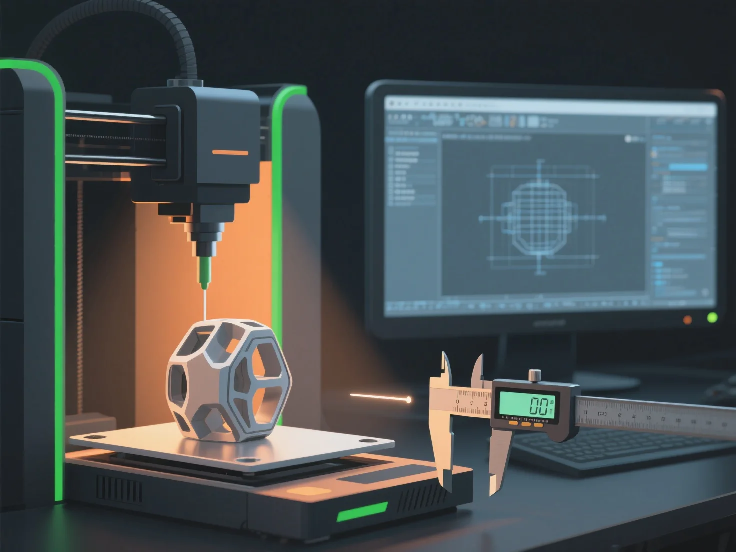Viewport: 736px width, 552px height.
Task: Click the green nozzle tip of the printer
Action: click(204, 272)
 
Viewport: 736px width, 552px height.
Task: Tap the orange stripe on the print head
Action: click(230, 152)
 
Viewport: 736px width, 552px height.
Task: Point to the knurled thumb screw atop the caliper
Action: click(535, 375)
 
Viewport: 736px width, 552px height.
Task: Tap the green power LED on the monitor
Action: click(712, 317)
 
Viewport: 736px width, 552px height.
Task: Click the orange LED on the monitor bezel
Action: click(688, 320)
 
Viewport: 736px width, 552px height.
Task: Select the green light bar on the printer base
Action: click(362, 512)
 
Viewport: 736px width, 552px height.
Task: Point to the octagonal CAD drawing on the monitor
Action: click(540, 217)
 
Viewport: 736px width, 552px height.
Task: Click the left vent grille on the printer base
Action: click(119, 488)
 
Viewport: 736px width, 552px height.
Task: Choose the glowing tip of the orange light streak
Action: click(409, 400)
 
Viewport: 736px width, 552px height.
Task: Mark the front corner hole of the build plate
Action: click(245, 460)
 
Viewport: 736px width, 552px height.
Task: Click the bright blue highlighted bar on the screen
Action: click(688, 167)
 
